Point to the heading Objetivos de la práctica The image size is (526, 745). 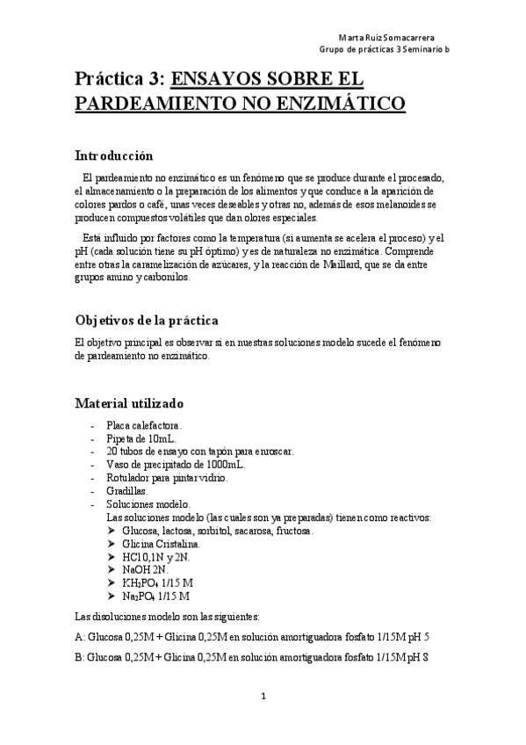pos(147,320)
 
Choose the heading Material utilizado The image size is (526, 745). pos(129,404)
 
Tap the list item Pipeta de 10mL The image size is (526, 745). pos(140,438)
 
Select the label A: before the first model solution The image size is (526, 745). pos(80,639)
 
